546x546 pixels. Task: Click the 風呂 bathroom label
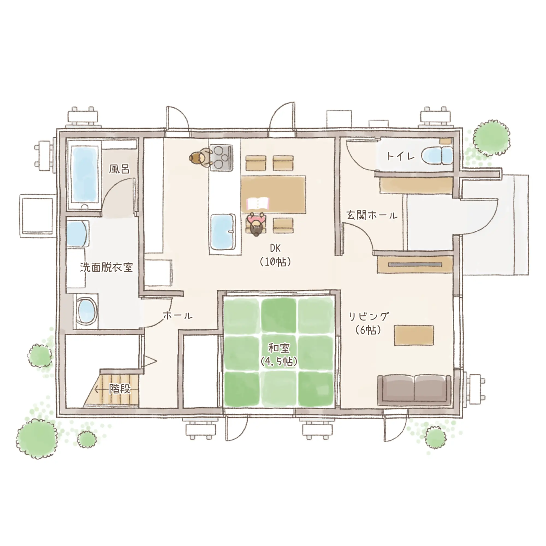point(119,169)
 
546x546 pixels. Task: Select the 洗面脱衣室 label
point(106,267)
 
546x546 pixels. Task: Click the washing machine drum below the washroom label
point(86,311)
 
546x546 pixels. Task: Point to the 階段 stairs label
point(120,389)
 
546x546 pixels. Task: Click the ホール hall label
point(178,315)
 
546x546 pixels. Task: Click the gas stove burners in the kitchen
point(221,158)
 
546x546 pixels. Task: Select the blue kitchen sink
point(223,232)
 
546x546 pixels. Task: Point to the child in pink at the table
point(256,224)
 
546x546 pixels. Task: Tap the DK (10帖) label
point(275,256)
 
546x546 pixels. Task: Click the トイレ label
point(400,156)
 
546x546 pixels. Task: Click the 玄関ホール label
point(372,216)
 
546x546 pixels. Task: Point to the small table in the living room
point(414,336)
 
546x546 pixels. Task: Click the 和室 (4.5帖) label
point(279,355)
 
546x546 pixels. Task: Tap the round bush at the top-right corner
point(492,138)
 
